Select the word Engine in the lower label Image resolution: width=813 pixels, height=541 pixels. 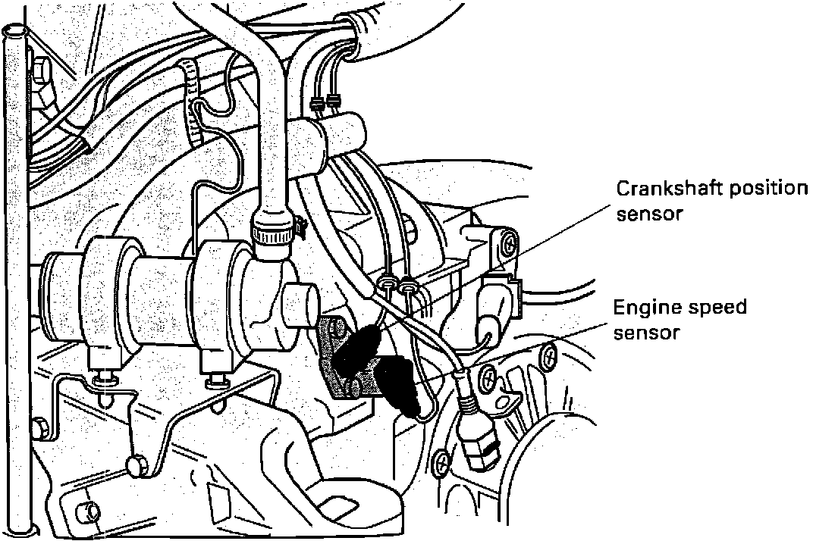[x=642, y=308]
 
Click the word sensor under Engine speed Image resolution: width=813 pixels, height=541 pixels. [x=646, y=333]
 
